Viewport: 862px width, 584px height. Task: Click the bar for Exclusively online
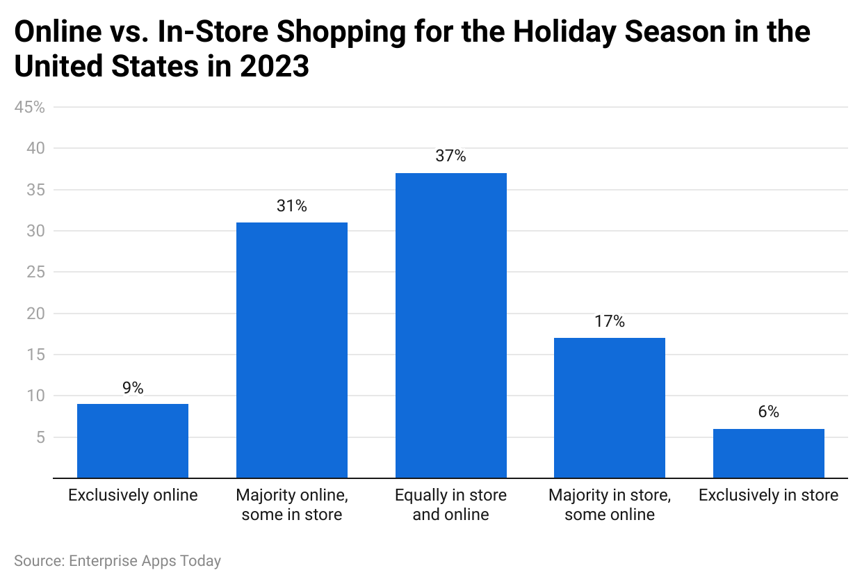point(133,441)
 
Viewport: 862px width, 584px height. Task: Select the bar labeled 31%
point(292,350)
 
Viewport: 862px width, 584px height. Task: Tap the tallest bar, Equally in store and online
point(450,325)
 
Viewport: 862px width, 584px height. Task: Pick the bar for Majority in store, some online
point(610,407)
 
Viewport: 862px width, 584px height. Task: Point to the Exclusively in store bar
point(768,453)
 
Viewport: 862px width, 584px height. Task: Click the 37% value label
point(450,156)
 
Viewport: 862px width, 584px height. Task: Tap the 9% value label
point(133,388)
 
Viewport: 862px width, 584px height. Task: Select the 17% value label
point(610,321)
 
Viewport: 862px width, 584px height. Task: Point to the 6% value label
point(768,412)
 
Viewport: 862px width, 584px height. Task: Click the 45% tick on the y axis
point(30,108)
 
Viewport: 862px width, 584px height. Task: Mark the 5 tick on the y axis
point(40,437)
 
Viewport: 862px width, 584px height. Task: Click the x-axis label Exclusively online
point(133,496)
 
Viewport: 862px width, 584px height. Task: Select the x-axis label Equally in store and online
point(450,505)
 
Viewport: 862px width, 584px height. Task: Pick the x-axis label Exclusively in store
point(768,496)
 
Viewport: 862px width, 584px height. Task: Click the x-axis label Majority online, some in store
point(292,505)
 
